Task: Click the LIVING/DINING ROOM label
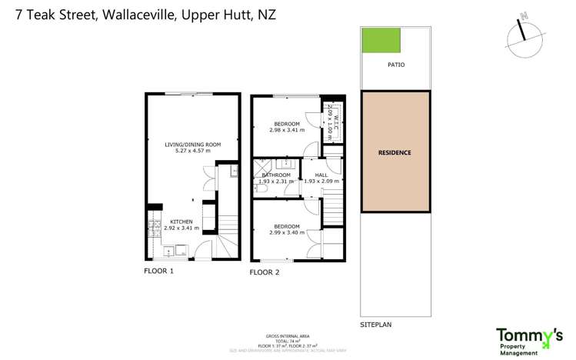[192, 144]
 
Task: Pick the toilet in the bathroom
[256, 188]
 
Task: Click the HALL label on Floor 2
[321, 175]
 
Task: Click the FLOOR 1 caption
[159, 272]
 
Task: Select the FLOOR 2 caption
[265, 272]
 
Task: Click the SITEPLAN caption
[376, 325]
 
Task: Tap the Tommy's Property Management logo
[528, 340]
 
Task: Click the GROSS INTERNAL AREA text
[287, 336]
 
